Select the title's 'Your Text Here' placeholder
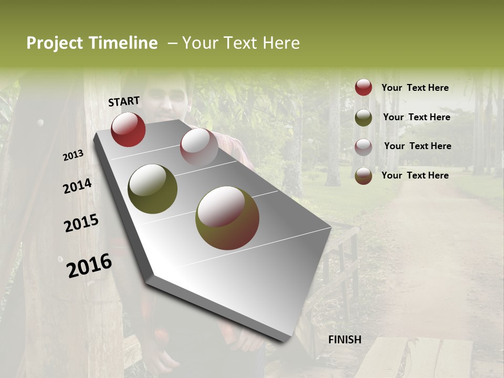click(x=241, y=43)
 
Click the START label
click(x=124, y=101)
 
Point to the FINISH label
click(x=345, y=340)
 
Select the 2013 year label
click(x=73, y=155)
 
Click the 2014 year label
click(x=78, y=186)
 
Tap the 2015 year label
click(x=81, y=223)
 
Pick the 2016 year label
click(x=89, y=266)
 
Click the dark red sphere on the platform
click(x=128, y=129)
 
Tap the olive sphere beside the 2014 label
click(x=152, y=189)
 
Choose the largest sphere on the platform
click(x=227, y=218)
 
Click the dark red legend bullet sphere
click(x=363, y=87)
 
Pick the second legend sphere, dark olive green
click(x=363, y=118)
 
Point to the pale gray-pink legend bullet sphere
click(x=363, y=146)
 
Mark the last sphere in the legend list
click(x=363, y=175)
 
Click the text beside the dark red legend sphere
click(x=415, y=88)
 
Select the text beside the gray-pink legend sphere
click(x=417, y=146)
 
